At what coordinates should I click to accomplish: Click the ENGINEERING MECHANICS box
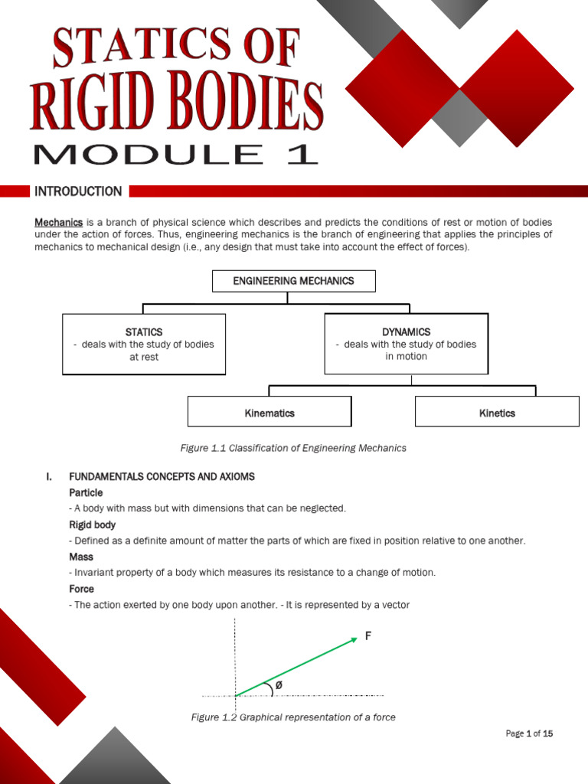293,281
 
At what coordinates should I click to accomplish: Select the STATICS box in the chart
144,344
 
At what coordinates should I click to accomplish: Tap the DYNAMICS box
406,344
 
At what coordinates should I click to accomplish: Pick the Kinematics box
269,412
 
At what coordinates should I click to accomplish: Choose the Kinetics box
497,412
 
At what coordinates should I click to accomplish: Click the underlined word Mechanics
58,222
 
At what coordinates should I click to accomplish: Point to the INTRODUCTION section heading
78,191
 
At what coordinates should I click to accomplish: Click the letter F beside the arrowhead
367,635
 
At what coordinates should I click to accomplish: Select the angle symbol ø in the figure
278,685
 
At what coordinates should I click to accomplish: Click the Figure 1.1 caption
292,448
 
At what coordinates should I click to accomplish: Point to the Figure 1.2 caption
293,717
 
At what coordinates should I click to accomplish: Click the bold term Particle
86,492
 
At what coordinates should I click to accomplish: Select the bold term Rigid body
92,524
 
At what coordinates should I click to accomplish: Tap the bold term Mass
80,557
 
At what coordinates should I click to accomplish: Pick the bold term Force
81,589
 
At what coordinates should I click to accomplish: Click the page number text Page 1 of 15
529,733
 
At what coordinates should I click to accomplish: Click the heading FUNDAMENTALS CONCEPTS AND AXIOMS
162,476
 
